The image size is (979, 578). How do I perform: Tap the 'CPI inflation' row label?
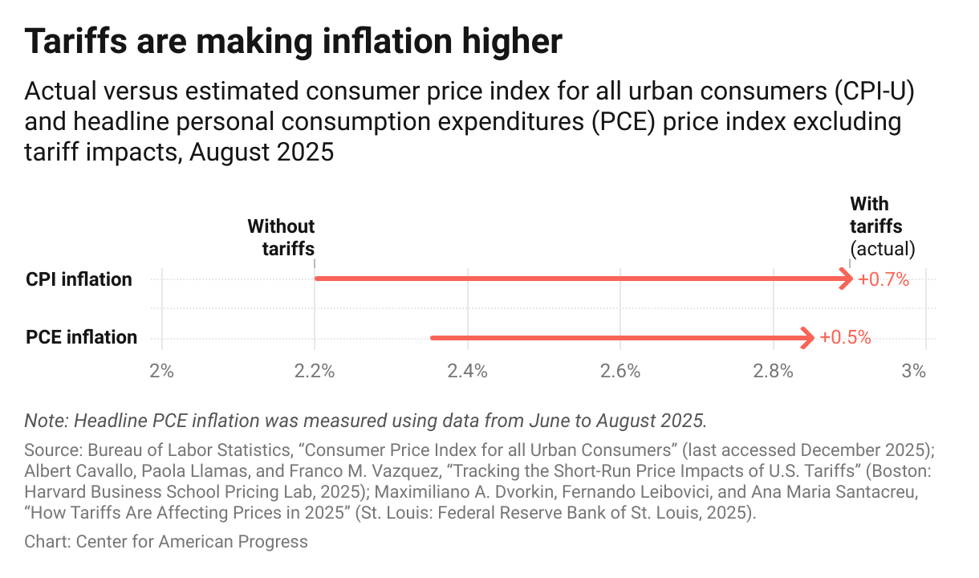point(79,279)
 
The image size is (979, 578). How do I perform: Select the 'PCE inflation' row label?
point(81,337)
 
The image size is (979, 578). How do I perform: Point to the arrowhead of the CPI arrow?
point(847,279)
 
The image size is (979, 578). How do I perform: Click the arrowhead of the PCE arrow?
point(808,338)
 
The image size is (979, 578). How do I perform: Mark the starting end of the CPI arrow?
point(317,279)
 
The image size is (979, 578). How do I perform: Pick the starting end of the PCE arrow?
point(433,338)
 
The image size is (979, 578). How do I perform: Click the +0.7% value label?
point(883,279)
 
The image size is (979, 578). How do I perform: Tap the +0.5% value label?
point(845,338)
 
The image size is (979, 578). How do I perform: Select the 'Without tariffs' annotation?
point(281,238)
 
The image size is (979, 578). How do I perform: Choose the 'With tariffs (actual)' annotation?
point(881,226)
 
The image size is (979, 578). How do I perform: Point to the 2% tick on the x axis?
point(162,371)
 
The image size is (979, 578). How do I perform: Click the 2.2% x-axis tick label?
point(315,371)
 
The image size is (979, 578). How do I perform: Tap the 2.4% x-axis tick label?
point(467,371)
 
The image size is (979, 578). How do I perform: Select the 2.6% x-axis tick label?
point(620,371)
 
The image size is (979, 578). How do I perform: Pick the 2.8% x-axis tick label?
point(773,371)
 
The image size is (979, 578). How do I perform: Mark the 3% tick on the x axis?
point(914,371)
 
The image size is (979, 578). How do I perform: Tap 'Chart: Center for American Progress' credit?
point(166,542)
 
